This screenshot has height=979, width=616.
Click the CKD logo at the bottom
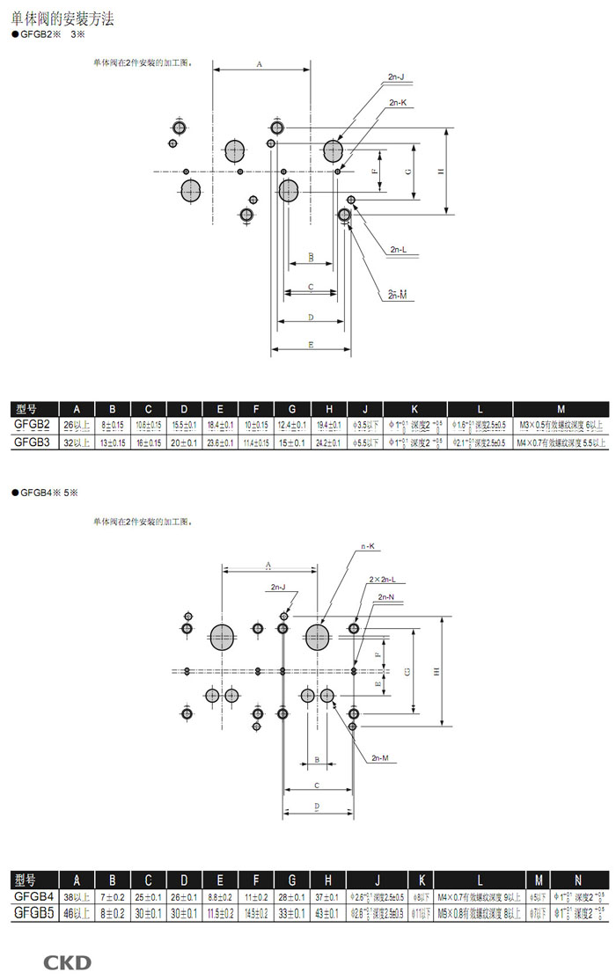tap(67, 961)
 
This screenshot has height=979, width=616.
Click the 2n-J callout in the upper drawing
tap(396, 77)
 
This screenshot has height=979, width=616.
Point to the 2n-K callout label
tap(396, 104)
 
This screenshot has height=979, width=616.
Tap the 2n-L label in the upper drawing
tap(398, 250)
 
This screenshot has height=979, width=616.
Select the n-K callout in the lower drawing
tap(367, 546)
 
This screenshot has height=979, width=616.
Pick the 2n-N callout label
tap(385, 598)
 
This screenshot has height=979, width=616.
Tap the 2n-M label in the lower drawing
tap(380, 757)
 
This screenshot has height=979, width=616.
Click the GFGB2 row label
tap(33, 425)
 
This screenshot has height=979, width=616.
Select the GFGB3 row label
tap(33, 442)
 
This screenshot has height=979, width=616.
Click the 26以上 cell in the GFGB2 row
tap(77, 425)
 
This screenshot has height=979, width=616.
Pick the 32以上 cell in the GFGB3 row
tap(77, 442)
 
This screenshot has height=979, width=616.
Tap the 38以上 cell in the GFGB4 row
tap(77, 896)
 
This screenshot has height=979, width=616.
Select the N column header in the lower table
tap(577, 880)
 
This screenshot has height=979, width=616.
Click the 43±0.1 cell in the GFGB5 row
tap(327, 913)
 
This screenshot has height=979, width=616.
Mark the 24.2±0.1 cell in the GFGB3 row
tap(328, 442)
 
